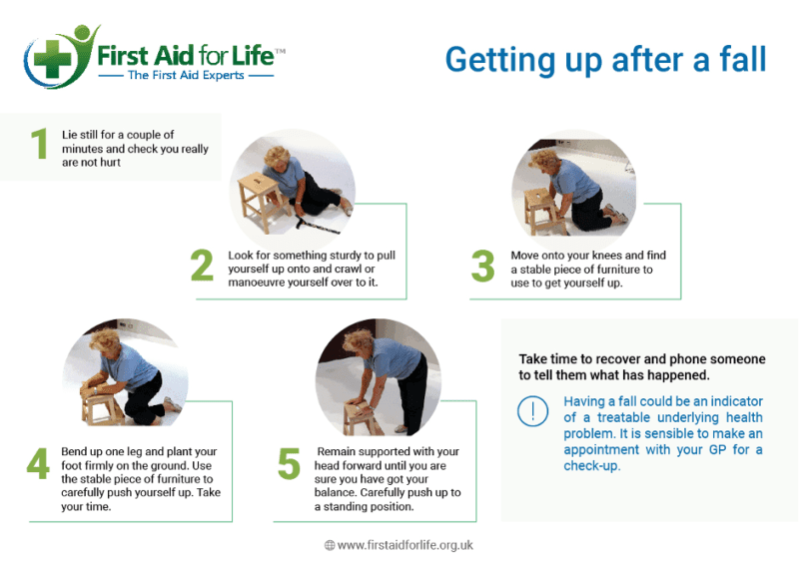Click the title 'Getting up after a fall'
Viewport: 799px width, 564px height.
[605, 60]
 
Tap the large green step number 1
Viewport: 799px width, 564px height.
[39, 146]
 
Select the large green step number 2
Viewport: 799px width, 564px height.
[202, 267]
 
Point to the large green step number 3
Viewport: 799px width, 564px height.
[482, 267]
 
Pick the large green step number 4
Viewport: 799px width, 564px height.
[37, 465]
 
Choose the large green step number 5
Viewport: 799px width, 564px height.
[289, 465]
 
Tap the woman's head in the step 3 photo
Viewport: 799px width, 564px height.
[544, 162]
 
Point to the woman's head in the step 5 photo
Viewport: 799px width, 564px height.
[356, 345]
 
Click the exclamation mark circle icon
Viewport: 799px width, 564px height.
[533, 411]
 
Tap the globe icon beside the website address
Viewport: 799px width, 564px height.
[330, 545]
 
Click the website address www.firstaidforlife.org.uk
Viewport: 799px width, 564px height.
[404, 545]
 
